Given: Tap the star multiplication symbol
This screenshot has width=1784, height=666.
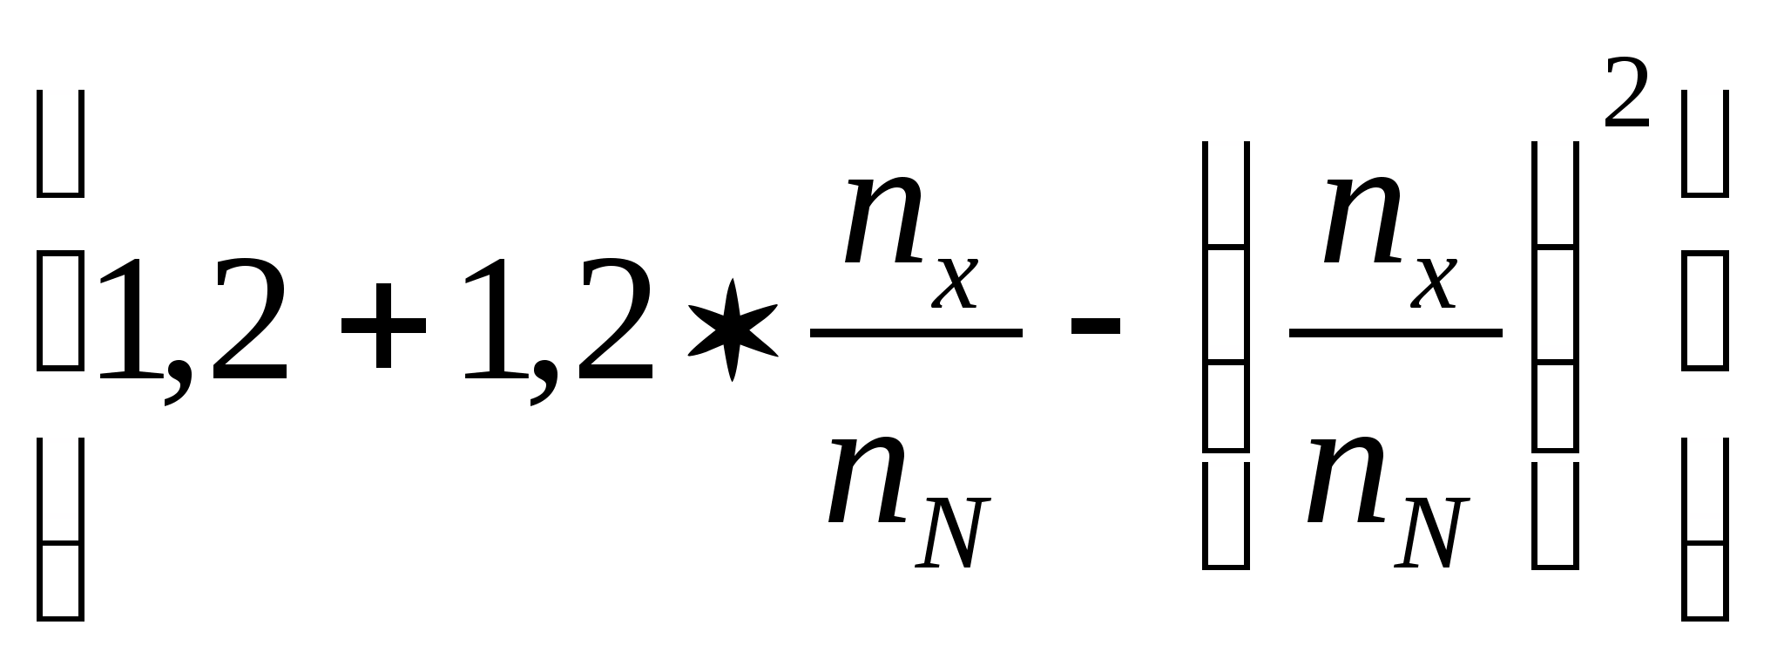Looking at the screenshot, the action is click(x=733, y=330).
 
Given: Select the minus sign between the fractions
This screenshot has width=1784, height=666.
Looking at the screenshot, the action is click(x=1095, y=327).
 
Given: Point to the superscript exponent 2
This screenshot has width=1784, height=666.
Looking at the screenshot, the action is click(x=1626, y=93).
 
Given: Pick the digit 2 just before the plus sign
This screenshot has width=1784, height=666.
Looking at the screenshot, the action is click(x=248, y=320).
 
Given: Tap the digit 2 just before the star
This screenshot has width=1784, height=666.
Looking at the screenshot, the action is click(x=613, y=320).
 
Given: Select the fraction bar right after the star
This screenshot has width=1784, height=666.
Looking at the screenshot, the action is click(x=916, y=332).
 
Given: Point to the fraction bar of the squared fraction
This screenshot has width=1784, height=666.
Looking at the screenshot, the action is click(x=1395, y=332).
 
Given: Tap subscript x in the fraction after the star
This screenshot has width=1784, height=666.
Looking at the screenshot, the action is click(x=956, y=283).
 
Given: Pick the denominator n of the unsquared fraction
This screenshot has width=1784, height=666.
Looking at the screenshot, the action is click(x=868, y=479).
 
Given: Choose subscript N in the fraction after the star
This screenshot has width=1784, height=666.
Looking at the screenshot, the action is click(x=952, y=533).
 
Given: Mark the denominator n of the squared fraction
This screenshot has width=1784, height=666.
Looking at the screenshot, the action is click(x=1347, y=479).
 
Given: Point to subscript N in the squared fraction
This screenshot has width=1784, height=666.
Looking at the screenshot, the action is click(x=1431, y=533).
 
